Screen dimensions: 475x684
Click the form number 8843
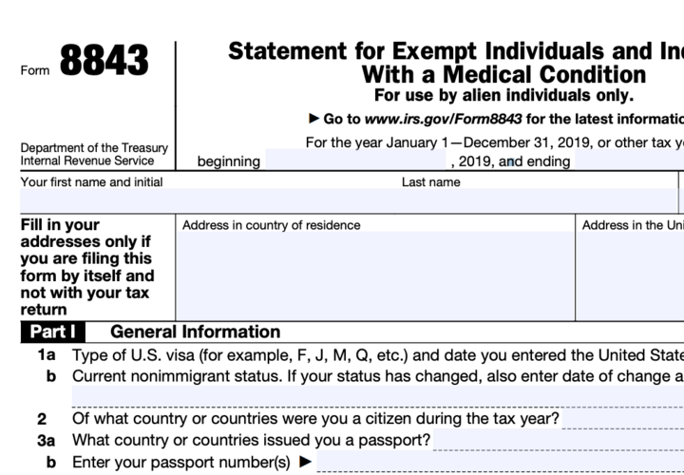[x=104, y=62]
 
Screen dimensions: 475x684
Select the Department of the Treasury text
[x=94, y=148]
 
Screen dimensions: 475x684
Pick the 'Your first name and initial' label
[x=91, y=181]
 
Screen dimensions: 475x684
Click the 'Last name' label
[x=430, y=181]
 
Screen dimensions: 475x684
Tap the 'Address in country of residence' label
[x=271, y=225]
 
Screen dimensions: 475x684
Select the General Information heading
[x=195, y=332]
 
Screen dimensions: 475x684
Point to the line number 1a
[x=46, y=355]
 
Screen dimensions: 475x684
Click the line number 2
[x=42, y=419]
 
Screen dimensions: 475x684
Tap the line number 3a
[x=46, y=441]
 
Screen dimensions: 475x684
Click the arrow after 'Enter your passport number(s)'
[x=305, y=463]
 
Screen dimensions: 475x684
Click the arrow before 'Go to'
[x=314, y=119]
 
